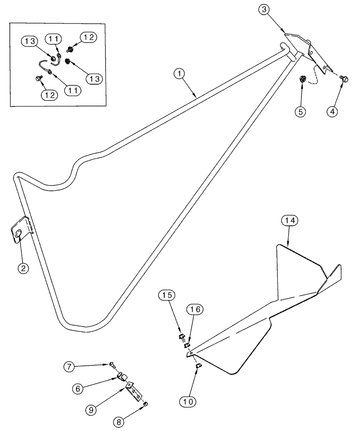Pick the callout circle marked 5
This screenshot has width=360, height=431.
pyautogui.click(x=300, y=111)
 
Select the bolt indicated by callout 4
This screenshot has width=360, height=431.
pyautogui.click(x=344, y=78)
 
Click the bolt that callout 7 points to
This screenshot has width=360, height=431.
pyautogui.click(x=112, y=365)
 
